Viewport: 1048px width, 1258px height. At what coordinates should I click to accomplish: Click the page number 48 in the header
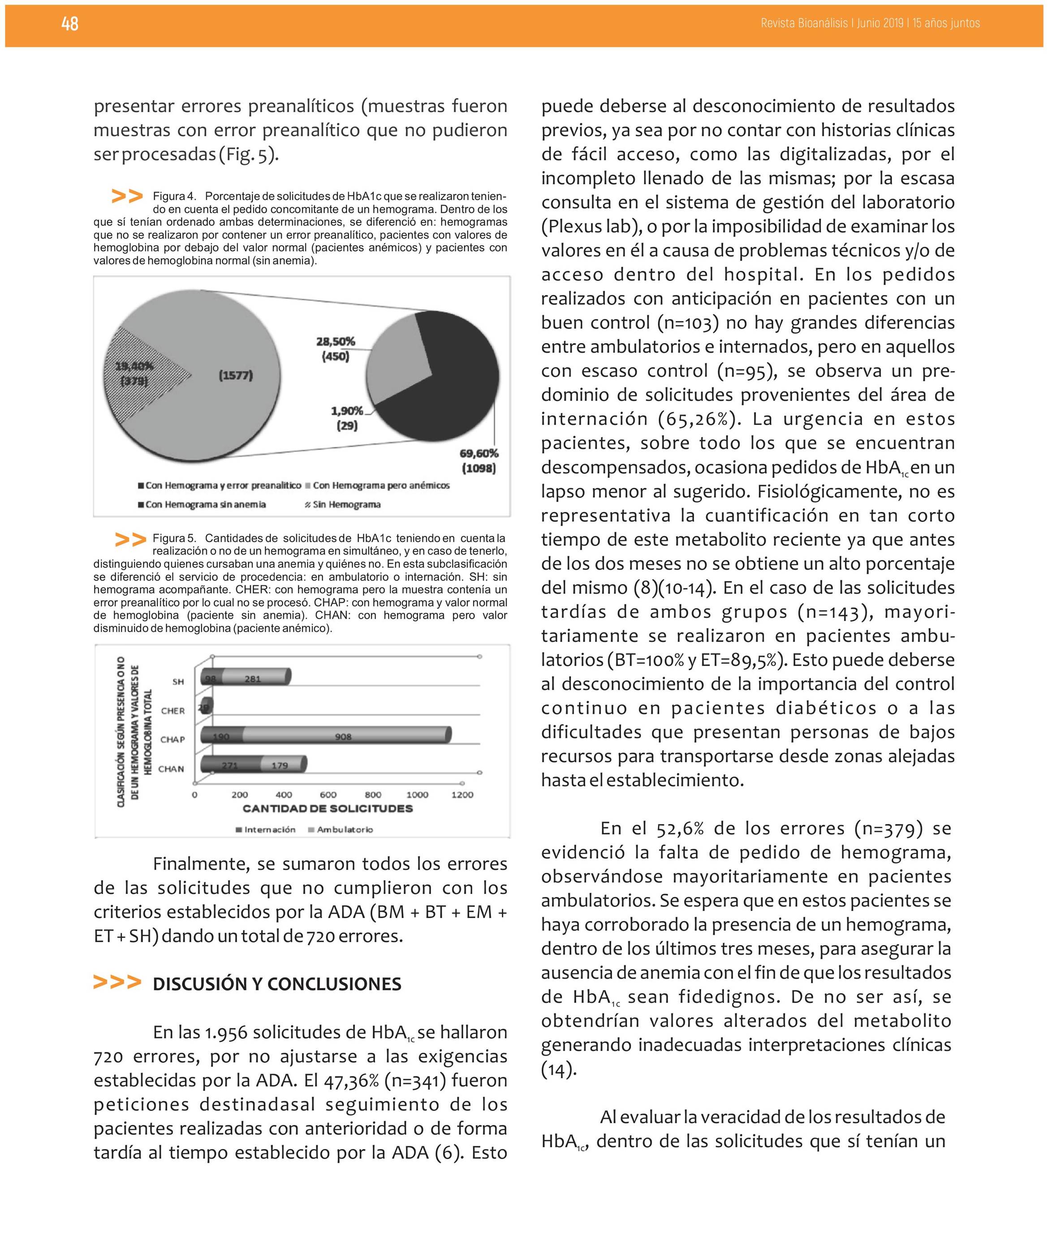[x=69, y=23]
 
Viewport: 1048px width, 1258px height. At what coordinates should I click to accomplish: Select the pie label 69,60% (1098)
[x=479, y=461]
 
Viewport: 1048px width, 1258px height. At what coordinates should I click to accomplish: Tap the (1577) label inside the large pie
[x=235, y=376]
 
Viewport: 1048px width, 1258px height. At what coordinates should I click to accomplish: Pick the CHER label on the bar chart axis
[x=173, y=711]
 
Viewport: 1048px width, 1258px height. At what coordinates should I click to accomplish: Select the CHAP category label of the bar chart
[x=173, y=739]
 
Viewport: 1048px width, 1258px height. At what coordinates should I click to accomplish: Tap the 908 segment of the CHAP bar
[x=343, y=736]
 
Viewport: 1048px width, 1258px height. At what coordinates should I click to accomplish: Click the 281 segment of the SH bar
[x=253, y=679]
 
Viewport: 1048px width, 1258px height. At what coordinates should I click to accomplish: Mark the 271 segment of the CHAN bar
[x=230, y=765]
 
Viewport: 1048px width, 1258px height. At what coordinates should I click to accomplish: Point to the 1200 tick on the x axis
[x=461, y=795]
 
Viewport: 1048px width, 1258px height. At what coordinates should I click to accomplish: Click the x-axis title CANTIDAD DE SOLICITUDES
[x=328, y=809]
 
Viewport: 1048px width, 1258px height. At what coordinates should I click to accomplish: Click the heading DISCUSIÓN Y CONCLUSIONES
[x=276, y=984]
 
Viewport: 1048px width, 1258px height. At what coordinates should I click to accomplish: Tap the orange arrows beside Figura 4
[x=128, y=196]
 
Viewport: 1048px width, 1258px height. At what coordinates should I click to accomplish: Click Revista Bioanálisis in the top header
[x=804, y=23]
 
